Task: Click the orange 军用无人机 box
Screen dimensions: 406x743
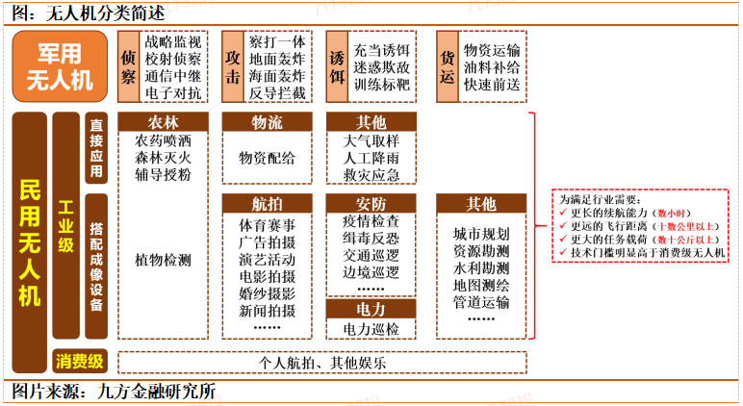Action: pos(59,65)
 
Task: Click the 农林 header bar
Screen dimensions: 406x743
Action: pos(163,122)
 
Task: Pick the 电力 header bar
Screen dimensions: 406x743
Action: pos(371,310)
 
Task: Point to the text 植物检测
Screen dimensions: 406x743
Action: pos(163,260)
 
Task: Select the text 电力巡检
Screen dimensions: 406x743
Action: pos(371,329)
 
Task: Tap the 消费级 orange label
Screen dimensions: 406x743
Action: pos(79,362)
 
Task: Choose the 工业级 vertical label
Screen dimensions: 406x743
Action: pos(66,227)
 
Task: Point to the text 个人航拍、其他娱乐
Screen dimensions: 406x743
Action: pos(321,363)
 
